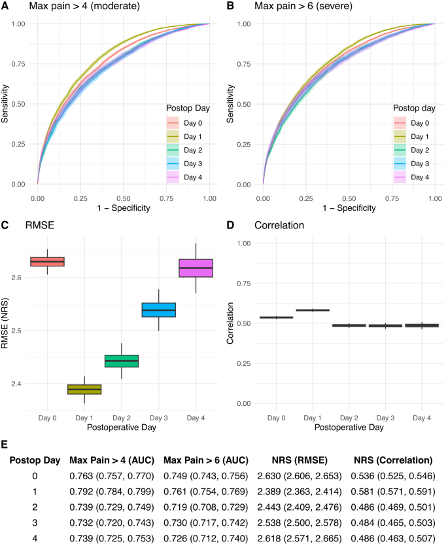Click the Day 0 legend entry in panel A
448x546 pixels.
pos(190,122)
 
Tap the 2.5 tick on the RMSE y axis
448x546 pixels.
pos(18,331)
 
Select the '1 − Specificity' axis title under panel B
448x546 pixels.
pos(349,208)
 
